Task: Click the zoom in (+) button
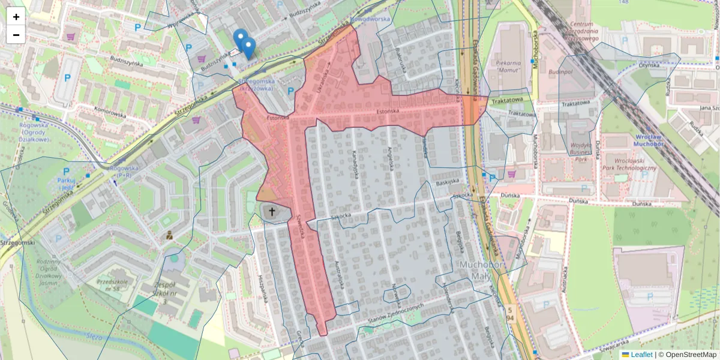pyautogui.click(x=16, y=16)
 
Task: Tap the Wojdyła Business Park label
pyautogui.click(x=581, y=152)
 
